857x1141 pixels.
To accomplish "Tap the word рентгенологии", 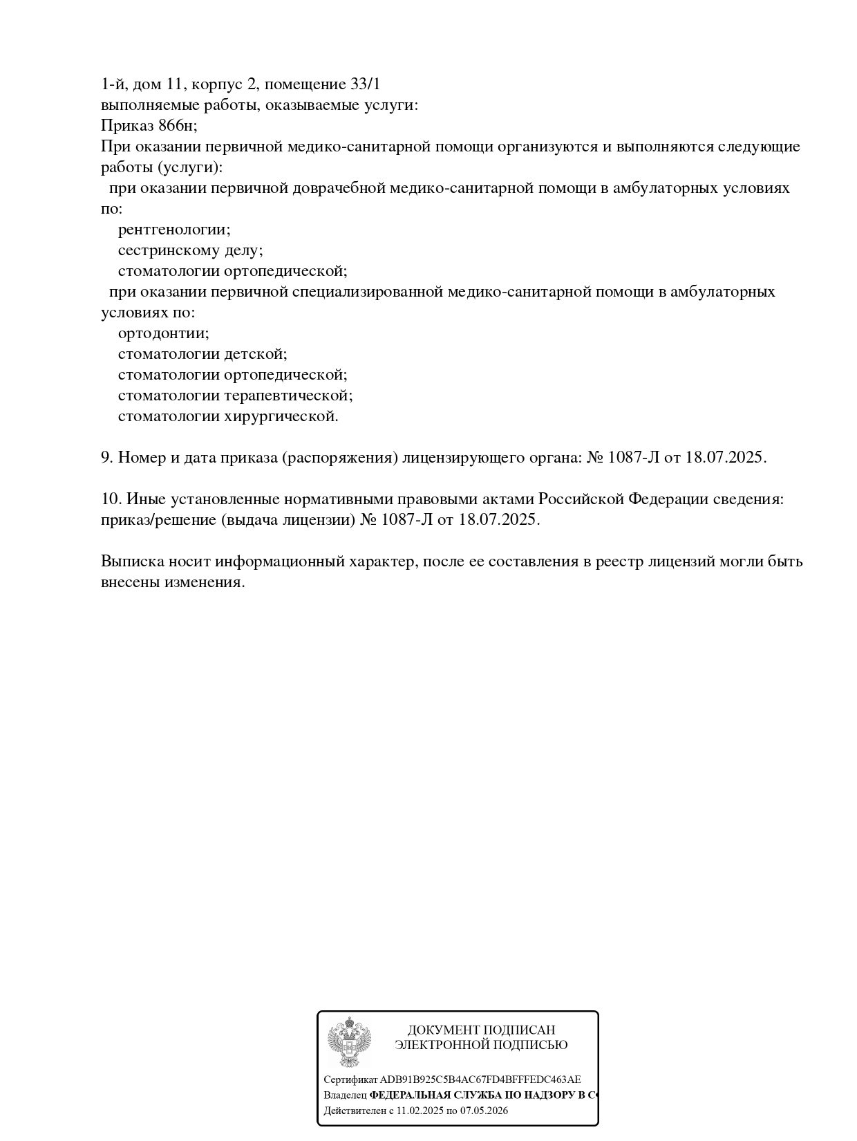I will (x=174, y=230).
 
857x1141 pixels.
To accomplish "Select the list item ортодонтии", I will (x=163, y=333).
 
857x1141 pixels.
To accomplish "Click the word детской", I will (x=255, y=354).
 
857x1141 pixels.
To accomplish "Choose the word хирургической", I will (x=281, y=416).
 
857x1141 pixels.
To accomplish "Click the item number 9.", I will (x=106, y=458).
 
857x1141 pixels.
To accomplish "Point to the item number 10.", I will (x=111, y=499).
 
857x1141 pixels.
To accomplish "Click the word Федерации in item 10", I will (x=667, y=499).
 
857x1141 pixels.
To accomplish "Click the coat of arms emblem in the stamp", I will (x=349, y=1041).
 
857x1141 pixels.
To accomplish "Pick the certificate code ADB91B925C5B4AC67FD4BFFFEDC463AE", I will (x=480, y=1079).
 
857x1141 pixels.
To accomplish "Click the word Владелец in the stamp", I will (x=345, y=1095).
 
